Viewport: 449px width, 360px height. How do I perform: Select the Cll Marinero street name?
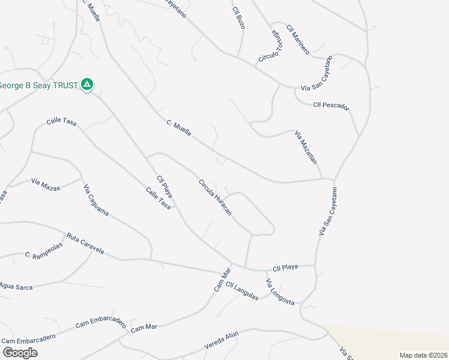(298, 40)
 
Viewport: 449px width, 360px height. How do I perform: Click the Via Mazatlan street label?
(306, 147)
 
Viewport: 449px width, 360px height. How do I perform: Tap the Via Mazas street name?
(46, 184)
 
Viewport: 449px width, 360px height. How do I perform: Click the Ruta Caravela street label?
(85, 243)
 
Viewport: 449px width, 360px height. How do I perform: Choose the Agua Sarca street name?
(16, 287)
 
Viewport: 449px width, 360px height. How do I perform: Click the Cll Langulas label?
(243, 292)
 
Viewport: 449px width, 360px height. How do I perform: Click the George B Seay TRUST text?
(40, 85)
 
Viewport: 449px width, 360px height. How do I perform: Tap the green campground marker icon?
(87, 85)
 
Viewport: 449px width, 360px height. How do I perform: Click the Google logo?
(20, 352)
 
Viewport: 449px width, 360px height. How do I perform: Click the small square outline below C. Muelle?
(221, 160)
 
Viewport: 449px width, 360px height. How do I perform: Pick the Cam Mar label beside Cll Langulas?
(222, 280)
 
